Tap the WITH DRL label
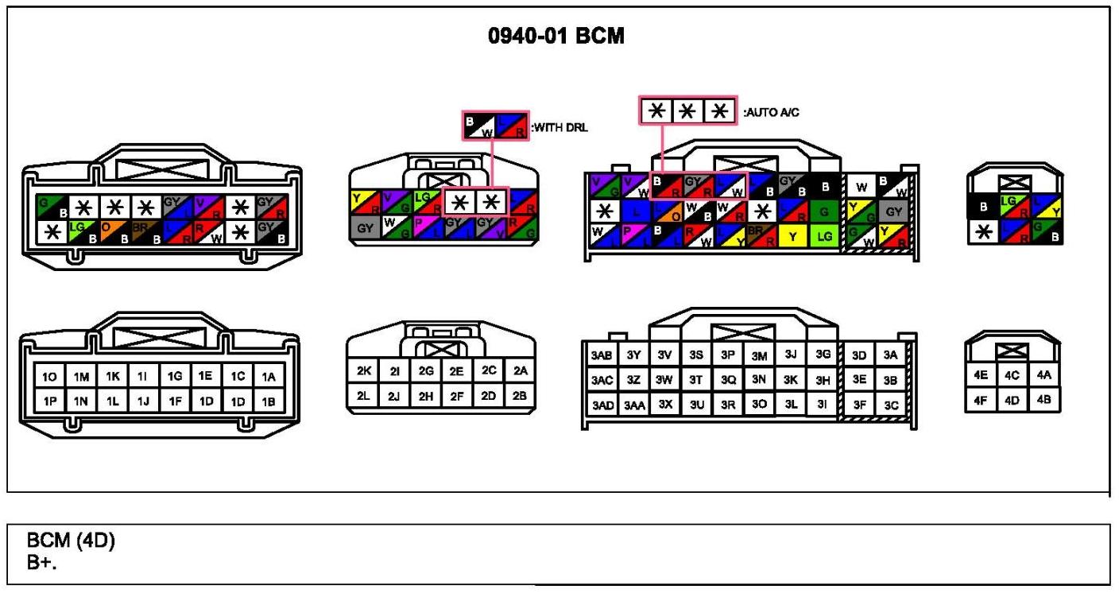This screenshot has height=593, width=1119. click(559, 127)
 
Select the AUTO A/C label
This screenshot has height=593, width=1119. click(770, 113)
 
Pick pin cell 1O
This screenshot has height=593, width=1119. click(50, 376)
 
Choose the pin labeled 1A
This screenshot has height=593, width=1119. click(269, 376)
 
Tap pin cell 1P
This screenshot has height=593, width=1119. click(50, 402)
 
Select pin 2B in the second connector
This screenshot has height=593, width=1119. click(520, 395)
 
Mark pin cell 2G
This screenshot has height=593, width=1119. click(426, 370)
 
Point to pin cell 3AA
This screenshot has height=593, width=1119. click(633, 405)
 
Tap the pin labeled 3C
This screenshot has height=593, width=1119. click(890, 405)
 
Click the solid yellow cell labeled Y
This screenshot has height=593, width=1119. click(791, 236)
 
